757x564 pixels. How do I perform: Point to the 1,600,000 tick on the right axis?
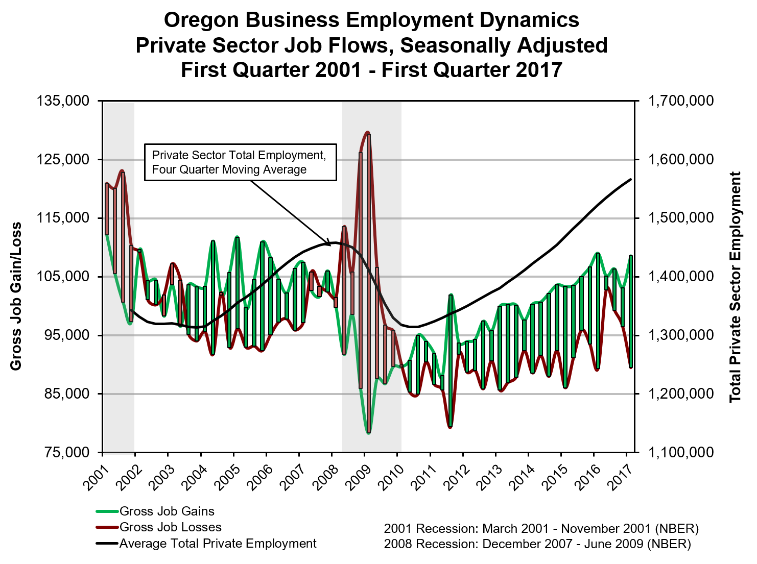tap(681, 159)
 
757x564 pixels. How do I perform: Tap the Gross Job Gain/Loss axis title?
tap(16, 296)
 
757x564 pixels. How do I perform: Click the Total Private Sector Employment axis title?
tap(735, 287)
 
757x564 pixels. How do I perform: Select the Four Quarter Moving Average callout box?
tap(240, 162)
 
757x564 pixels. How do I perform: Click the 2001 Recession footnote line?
tap(541, 528)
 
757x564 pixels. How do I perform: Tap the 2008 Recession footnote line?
tap(537, 544)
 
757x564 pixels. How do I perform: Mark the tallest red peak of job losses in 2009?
tap(367, 132)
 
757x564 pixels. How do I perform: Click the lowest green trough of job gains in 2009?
tap(368, 433)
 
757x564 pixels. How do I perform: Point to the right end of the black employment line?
tap(631, 179)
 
